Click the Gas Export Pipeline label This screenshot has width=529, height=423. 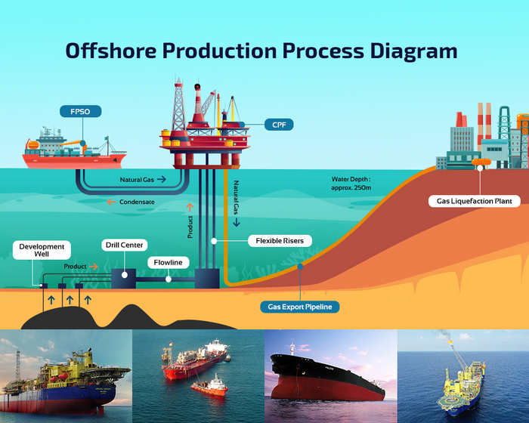coord(299,307)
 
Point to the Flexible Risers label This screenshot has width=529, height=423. coord(280,242)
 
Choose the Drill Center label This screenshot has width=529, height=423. coord(123,245)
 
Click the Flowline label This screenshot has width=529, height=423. coord(169,262)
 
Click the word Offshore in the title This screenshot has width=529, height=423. coord(114,51)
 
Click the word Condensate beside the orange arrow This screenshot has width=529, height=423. coord(138,202)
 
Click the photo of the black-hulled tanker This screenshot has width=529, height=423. coord(330,376)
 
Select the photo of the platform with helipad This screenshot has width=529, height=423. coord(462,376)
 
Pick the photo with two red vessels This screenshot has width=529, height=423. coord(198,376)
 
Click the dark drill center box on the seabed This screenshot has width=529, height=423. coord(122,277)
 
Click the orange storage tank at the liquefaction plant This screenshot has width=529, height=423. coord(479,161)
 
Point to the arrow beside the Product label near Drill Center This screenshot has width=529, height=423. coord(94,267)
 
